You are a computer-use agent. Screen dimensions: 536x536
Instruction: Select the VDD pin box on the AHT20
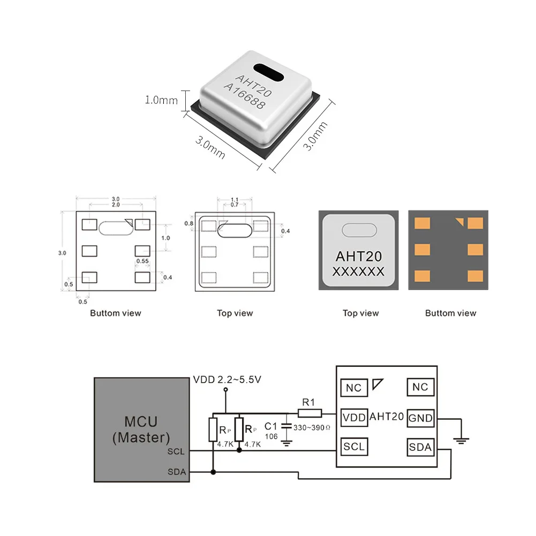(354, 417)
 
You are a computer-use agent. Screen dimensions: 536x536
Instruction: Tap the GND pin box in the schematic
(420, 418)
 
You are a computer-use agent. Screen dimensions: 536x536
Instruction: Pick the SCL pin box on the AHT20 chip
(354, 446)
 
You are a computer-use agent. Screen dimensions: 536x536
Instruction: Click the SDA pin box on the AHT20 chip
(420, 447)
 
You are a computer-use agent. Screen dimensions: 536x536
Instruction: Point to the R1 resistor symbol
(309, 413)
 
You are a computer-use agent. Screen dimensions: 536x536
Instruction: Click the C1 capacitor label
(272, 426)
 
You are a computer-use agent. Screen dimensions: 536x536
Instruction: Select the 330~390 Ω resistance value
(312, 428)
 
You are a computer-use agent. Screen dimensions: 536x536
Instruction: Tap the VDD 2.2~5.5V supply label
(227, 380)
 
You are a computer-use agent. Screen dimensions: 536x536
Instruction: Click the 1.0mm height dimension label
(161, 100)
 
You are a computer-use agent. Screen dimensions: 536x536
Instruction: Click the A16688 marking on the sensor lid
(244, 96)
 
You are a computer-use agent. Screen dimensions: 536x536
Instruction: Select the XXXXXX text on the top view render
(358, 271)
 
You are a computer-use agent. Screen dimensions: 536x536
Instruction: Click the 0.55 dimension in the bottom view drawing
(142, 261)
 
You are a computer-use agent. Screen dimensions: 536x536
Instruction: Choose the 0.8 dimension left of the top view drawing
(188, 223)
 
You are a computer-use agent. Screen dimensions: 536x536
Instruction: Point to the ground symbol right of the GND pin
(460, 440)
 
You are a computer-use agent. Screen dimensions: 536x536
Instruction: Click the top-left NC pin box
(354, 388)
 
